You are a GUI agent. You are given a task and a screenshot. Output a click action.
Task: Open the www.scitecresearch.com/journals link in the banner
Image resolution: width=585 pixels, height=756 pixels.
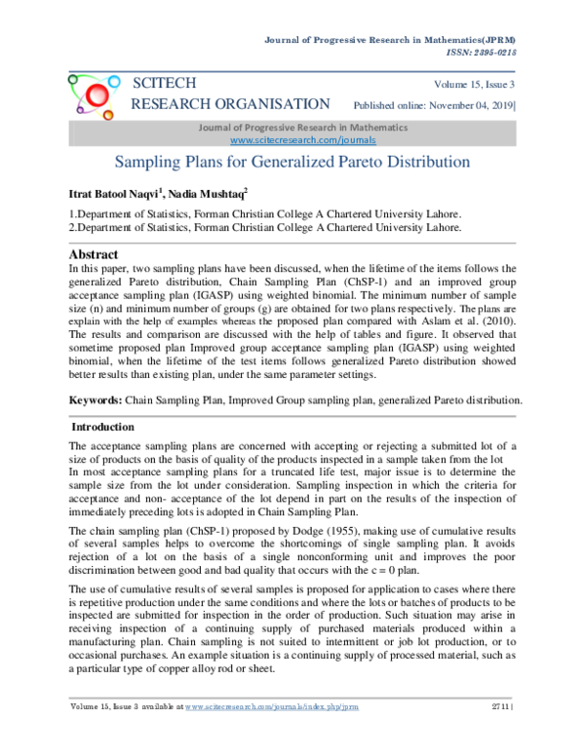(302, 140)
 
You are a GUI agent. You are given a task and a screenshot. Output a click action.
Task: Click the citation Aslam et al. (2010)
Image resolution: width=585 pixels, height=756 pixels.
(471, 318)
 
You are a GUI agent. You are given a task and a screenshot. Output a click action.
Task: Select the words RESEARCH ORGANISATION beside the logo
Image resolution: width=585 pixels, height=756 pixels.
(230, 104)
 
